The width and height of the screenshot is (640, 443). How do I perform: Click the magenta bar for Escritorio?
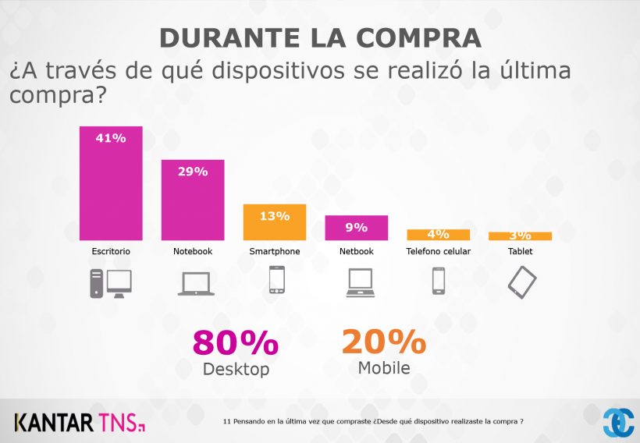[111, 183]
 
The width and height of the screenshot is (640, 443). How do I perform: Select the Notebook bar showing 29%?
[193, 200]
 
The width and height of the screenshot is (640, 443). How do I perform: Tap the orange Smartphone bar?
[275, 222]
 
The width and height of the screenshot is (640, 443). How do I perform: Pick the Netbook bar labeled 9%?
[357, 228]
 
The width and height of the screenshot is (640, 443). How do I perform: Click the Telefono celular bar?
[438, 235]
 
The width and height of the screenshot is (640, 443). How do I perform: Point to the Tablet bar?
[520, 236]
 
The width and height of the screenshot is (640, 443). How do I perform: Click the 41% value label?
[111, 138]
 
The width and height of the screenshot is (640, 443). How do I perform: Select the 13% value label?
[275, 215]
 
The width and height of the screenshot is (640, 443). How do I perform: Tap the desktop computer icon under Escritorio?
[111, 282]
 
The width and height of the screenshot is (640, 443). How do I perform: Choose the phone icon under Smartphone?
[276, 280]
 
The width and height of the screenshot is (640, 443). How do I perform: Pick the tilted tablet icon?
[522, 282]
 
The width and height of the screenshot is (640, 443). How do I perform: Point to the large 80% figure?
[235, 343]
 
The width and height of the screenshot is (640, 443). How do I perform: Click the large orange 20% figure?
[383, 342]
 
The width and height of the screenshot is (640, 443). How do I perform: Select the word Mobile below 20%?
[383, 367]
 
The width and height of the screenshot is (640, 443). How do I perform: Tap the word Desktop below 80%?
[235, 369]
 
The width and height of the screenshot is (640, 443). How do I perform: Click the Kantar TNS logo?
[79, 423]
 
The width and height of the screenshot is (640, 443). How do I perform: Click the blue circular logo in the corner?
[618, 422]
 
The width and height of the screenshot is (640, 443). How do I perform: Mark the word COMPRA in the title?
[412, 37]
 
